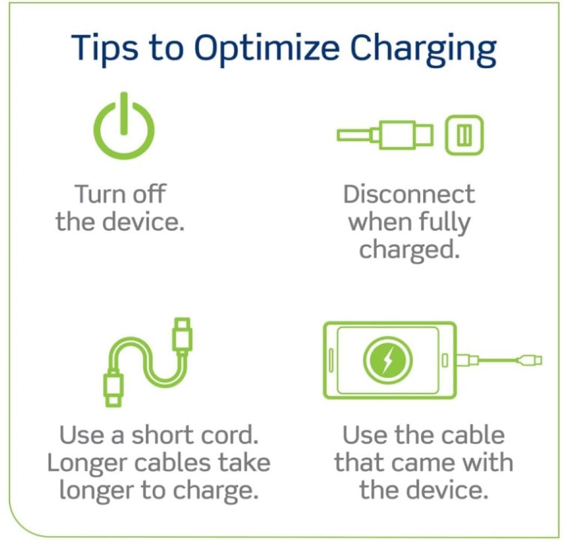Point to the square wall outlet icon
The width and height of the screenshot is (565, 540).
(x=464, y=136)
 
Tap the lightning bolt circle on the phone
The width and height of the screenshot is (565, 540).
(x=387, y=360)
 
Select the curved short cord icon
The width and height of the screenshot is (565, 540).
(x=147, y=362)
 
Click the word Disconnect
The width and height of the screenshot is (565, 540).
(x=409, y=194)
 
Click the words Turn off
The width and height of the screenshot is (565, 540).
(x=120, y=194)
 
